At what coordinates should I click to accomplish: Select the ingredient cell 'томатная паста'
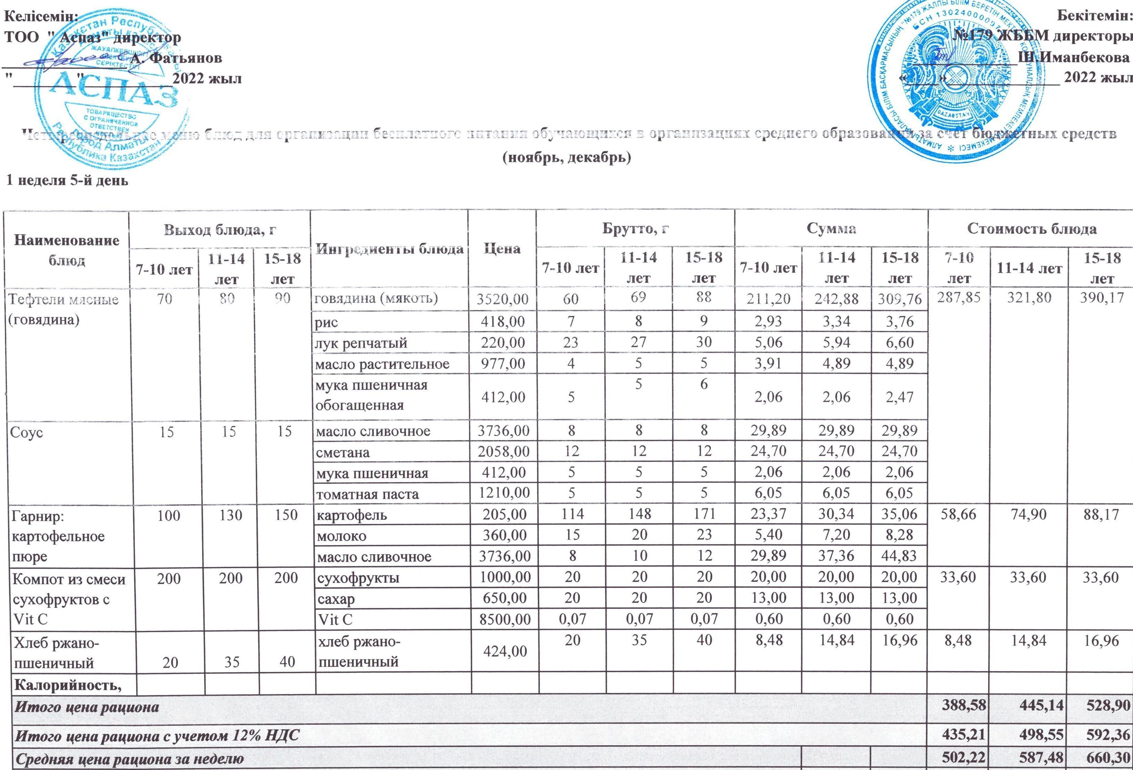click(x=367, y=494)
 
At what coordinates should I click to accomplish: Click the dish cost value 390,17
click(x=1101, y=298)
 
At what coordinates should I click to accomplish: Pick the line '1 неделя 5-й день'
click(x=67, y=181)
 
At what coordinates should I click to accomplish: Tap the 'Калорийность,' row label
click(x=68, y=685)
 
